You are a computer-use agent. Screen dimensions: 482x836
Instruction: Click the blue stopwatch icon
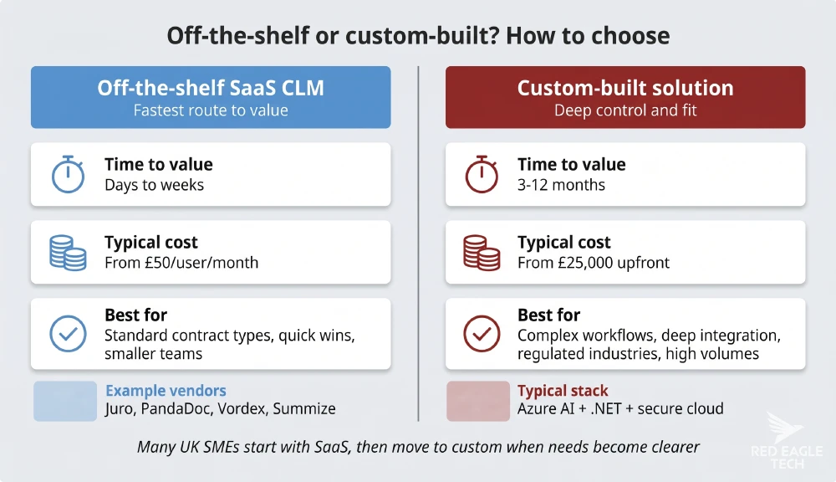pyautogui.click(x=68, y=174)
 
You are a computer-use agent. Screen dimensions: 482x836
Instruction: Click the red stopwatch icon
pyautogui.click(x=481, y=174)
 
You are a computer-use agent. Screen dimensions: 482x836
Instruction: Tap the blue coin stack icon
pyautogui.click(x=68, y=252)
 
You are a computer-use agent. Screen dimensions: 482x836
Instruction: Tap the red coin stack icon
pyautogui.click(x=481, y=252)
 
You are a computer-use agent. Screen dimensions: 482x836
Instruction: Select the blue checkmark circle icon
pyautogui.click(x=68, y=334)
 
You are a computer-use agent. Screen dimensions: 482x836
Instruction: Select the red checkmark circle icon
pyautogui.click(x=481, y=334)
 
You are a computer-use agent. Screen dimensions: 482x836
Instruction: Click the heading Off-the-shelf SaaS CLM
pyautogui.click(x=211, y=88)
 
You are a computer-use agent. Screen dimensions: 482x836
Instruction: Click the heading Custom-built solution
pyautogui.click(x=624, y=88)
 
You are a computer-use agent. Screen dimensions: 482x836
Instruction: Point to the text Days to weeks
pyautogui.click(x=154, y=185)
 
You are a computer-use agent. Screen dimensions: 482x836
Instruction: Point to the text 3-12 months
pyautogui.click(x=561, y=185)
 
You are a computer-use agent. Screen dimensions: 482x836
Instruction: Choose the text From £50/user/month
pyautogui.click(x=181, y=263)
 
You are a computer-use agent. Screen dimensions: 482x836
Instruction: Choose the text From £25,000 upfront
pyautogui.click(x=594, y=263)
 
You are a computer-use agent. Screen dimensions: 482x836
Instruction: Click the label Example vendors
pyautogui.click(x=166, y=391)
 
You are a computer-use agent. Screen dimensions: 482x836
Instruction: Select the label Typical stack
pyautogui.click(x=563, y=391)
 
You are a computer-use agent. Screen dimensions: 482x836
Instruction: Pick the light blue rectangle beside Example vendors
pyautogui.click(x=65, y=401)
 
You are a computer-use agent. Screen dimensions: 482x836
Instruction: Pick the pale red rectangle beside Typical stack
pyautogui.click(x=477, y=401)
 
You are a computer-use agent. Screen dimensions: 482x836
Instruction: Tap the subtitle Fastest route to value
pyautogui.click(x=211, y=110)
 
